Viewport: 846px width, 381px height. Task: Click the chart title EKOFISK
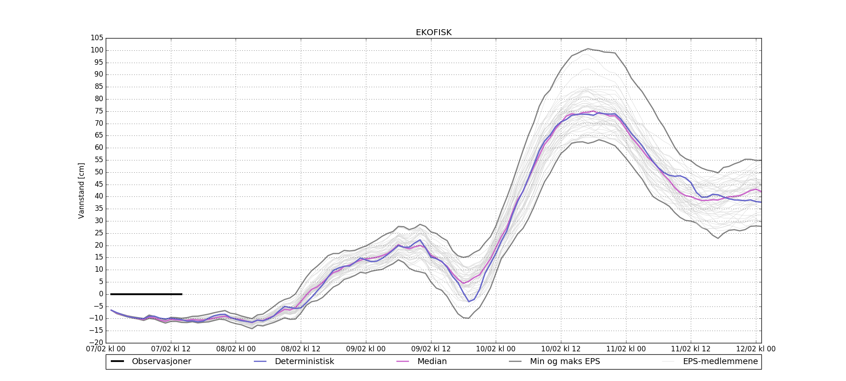pyautogui.click(x=434, y=33)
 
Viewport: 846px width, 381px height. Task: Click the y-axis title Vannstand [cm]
pyautogui.click(x=81, y=190)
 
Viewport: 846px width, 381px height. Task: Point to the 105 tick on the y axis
pyautogui.click(x=97, y=38)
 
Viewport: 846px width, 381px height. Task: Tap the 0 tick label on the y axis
pyautogui.click(x=101, y=294)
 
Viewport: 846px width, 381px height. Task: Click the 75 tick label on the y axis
pyautogui.click(x=99, y=111)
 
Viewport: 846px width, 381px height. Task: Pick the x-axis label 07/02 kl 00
pyautogui.click(x=106, y=349)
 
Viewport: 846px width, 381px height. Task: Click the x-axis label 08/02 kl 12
pyautogui.click(x=301, y=349)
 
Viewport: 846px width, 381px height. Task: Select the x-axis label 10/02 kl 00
pyautogui.click(x=496, y=349)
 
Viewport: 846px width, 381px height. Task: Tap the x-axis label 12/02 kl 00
pyautogui.click(x=756, y=349)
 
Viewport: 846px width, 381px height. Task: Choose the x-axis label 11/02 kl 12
pyautogui.click(x=691, y=349)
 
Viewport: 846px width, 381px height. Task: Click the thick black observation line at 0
pyautogui.click(x=146, y=294)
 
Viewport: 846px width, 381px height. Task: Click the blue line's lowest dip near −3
pyautogui.click(x=469, y=301)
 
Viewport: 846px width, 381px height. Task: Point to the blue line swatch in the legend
pyautogui.click(x=260, y=362)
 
